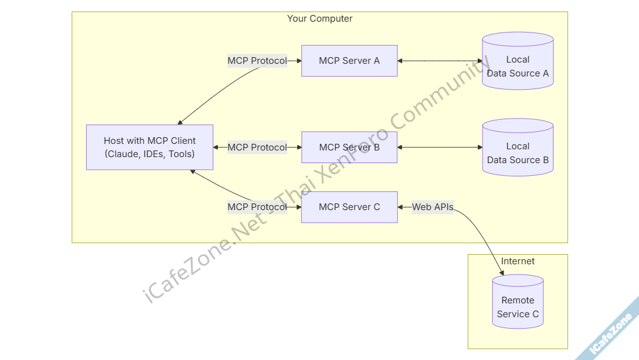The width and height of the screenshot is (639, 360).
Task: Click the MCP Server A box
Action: click(x=349, y=61)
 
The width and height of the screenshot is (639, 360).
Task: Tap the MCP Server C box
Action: click(x=349, y=207)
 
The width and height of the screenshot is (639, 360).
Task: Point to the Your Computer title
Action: click(x=319, y=19)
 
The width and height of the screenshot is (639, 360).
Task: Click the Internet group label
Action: click(x=517, y=261)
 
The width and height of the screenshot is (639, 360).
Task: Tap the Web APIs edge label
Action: click(x=432, y=207)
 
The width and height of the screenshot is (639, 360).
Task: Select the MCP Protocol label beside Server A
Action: click(x=257, y=61)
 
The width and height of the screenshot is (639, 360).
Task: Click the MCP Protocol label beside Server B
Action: click(x=257, y=147)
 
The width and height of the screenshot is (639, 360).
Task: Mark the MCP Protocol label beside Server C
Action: click(x=257, y=207)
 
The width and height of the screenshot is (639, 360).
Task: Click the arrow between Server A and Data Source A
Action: click(x=439, y=61)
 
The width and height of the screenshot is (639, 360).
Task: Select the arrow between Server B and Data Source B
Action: click(x=439, y=147)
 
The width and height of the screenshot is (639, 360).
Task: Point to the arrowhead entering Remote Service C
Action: click(x=502, y=274)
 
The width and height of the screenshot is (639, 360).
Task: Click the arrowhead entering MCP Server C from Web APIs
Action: click(x=401, y=207)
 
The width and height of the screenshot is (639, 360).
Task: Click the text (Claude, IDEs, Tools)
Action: click(x=149, y=154)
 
